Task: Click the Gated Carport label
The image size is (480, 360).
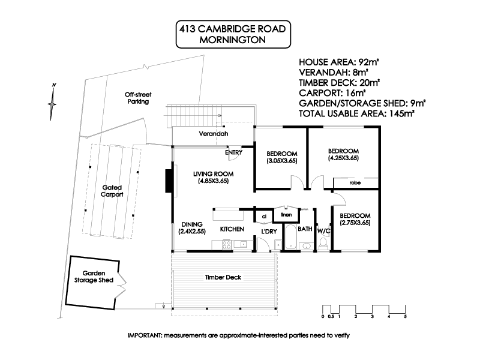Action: click(112, 191)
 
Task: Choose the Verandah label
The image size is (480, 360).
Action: click(215, 134)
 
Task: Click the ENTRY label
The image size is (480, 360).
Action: click(233, 152)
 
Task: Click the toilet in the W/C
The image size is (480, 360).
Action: click(323, 242)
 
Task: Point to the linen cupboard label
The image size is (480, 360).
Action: click(286, 214)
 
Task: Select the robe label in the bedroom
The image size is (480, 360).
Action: click(355, 182)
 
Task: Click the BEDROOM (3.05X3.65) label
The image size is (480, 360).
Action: click(281, 157)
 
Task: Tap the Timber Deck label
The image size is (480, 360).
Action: click(223, 277)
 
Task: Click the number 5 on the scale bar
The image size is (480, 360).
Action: click(405, 316)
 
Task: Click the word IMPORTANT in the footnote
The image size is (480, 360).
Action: click(146, 335)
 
